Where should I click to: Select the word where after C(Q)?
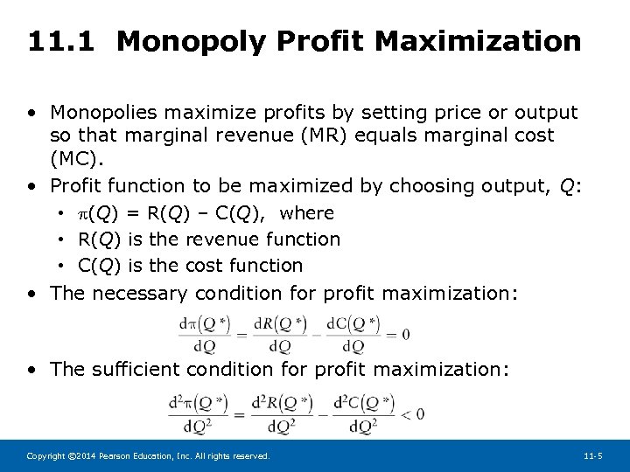click(306, 213)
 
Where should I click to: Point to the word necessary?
click(141, 294)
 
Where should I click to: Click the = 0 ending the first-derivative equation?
click(396, 334)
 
